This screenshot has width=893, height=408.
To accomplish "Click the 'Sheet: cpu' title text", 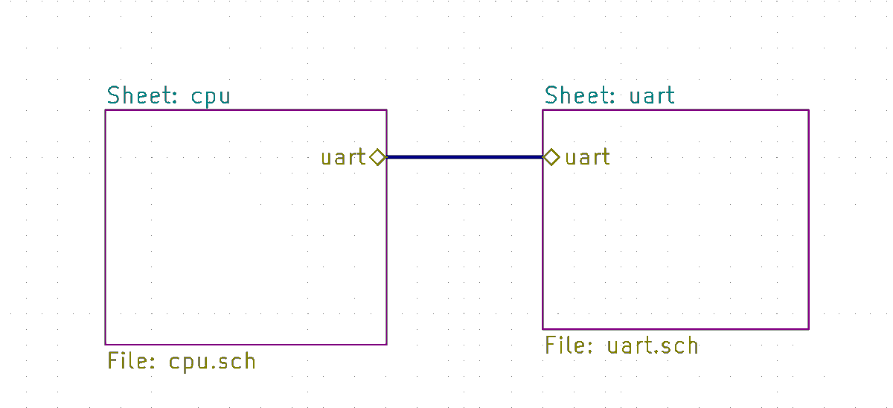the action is tap(169, 96).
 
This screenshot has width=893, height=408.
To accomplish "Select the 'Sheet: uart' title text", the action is tap(609, 95).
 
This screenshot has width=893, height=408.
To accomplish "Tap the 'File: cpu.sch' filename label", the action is tap(182, 362).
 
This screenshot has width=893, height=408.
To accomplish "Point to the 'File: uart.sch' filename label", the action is tap(621, 345).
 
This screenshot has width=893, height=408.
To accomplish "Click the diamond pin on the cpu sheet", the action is tap(377, 157).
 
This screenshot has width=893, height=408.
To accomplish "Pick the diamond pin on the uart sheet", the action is tap(551, 157).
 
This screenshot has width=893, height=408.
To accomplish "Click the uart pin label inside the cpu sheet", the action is tap(343, 157).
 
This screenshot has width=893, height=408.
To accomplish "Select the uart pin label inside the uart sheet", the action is tap(588, 157).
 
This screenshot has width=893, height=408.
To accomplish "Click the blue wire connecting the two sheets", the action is tap(464, 157).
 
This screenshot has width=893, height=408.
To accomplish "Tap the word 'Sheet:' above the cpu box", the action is tap(142, 95).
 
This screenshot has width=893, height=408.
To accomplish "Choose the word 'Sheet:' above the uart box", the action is tap(580, 95).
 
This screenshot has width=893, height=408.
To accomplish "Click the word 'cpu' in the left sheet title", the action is tap(211, 98).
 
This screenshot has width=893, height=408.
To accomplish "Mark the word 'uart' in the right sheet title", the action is tap(652, 96).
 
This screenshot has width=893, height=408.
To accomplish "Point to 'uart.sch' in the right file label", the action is tap(653, 345).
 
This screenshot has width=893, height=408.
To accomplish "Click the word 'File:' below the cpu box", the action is tap(131, 361).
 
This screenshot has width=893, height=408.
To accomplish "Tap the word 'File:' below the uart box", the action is tap(569, 345).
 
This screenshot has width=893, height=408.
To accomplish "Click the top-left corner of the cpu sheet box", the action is tap(106, 110).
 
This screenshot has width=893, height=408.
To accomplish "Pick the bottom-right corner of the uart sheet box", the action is tap(809, 329).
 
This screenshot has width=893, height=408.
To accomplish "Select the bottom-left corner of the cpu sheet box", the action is tap(106, 345).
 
